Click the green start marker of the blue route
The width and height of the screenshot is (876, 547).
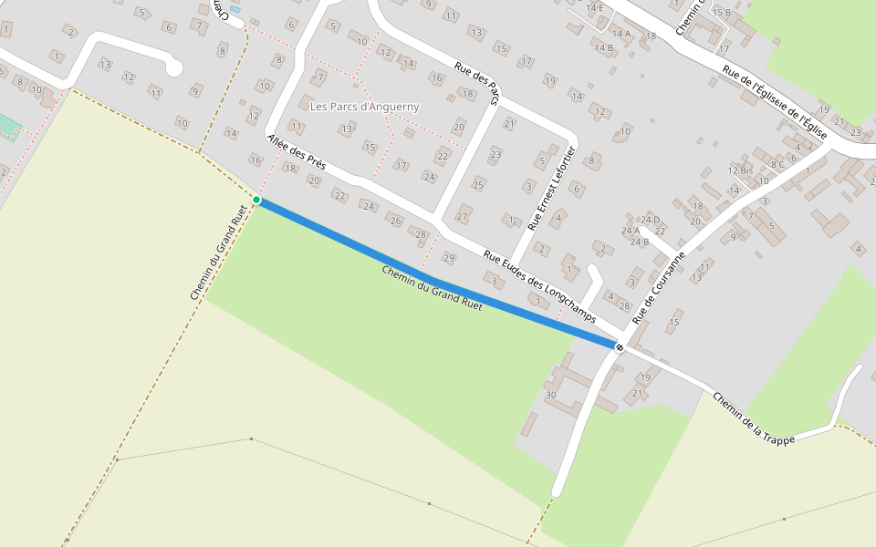pos(256,200)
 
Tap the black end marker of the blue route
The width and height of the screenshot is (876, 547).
pos(620,346)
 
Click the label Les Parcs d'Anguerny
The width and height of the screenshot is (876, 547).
pos(365,107)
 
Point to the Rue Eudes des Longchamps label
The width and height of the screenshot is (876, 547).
pos(539,286)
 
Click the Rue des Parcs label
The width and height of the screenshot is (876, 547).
pos(478,82)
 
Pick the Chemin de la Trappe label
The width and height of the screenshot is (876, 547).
pos(754,418)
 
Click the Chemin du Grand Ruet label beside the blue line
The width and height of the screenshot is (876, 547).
pos(432,288)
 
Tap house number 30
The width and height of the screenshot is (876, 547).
pos(550,395)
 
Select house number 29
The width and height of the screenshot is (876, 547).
pos(448,258)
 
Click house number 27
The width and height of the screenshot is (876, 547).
pos(462,217)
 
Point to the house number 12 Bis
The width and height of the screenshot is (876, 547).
pos(740,170)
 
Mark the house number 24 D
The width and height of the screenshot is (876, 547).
pos(650,220)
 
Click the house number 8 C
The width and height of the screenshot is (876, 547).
pos(777,165)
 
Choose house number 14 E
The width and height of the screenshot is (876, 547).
pos(595,7)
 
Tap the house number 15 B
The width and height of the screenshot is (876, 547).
pos(721,12)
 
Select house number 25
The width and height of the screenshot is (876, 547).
pos(477,185)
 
